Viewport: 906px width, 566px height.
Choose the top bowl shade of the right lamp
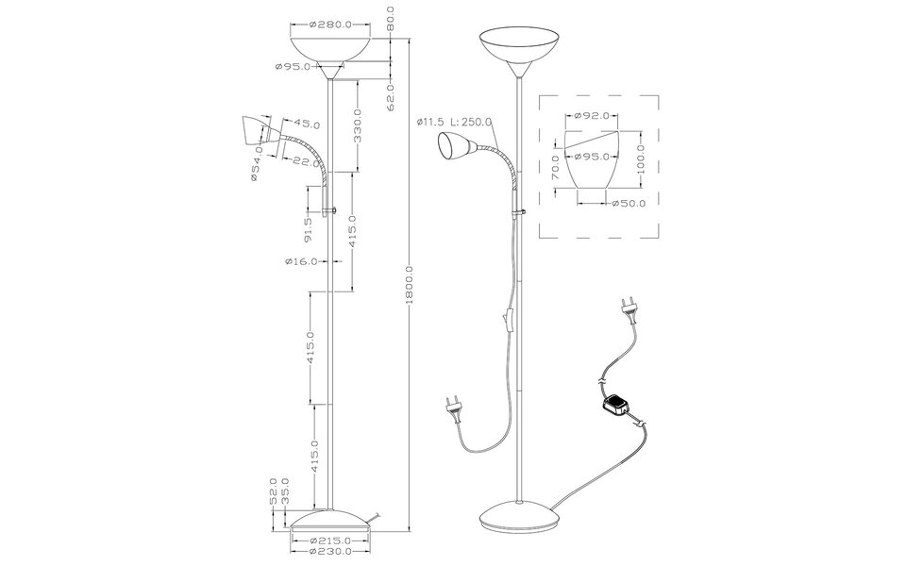520,47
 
